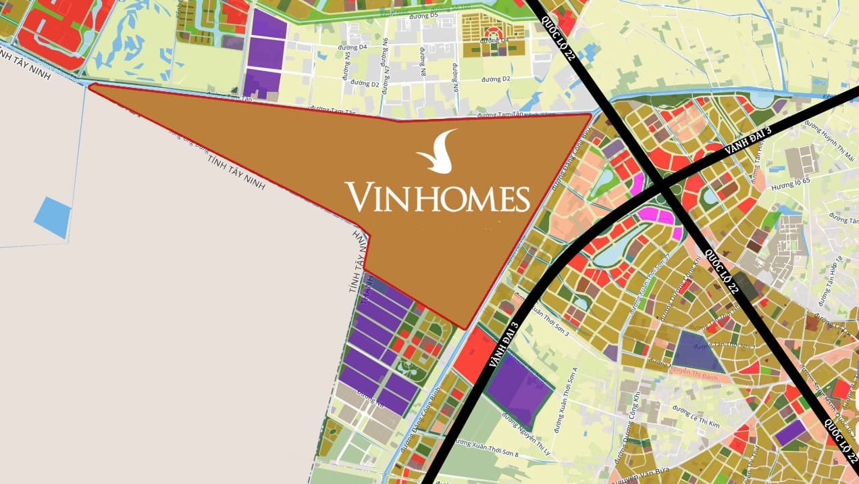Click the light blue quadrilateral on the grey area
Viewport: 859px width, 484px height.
coord(52,217)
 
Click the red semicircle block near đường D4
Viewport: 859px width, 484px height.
coord(494,32)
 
